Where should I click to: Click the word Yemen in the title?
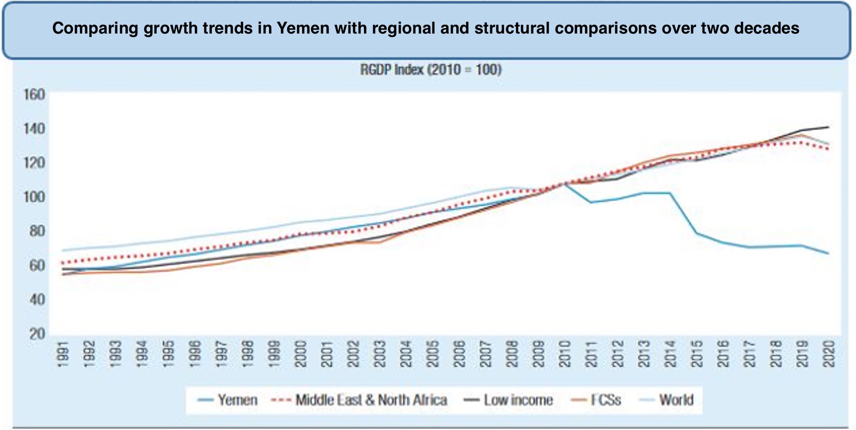pos(303,28)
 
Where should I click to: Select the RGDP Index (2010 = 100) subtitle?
pos(431,70)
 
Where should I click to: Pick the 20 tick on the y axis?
pos(38,333)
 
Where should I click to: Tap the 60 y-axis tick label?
pos(38,265)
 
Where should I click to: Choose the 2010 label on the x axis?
pos(564,354)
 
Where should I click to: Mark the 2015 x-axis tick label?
pos(697,354)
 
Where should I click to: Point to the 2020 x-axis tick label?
pos(829,354)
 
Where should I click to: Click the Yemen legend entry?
pos(228,400)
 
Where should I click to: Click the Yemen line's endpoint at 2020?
pos(829,253)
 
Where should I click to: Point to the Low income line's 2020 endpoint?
pos(829,127)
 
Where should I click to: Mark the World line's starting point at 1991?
pos(63,251)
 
